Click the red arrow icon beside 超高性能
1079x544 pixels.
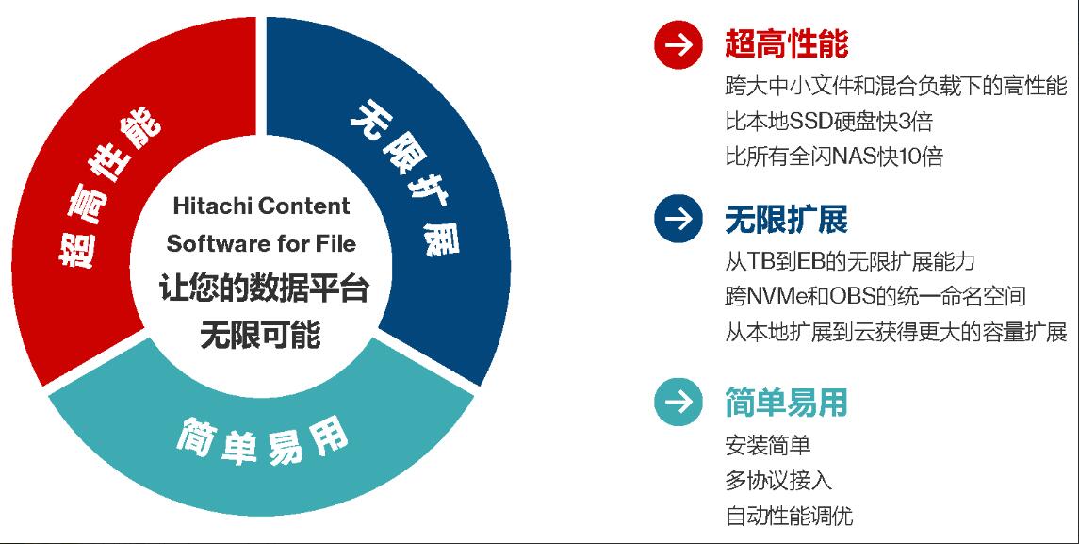tap(678, 44)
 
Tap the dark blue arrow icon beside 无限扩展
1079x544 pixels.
tap(678, 219)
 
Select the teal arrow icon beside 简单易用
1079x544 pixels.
tap(678, 402)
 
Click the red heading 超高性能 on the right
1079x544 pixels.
tap(787, 44)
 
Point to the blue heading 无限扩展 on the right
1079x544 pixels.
tap(787, 219)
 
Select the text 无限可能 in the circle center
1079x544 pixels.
tap(260, 336)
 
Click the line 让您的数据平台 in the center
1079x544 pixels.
tap(264, 288)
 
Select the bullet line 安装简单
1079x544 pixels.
tap(768, 445)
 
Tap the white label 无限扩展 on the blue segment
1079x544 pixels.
tap(405, 178)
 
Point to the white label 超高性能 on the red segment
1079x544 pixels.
tap(109, 187)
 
